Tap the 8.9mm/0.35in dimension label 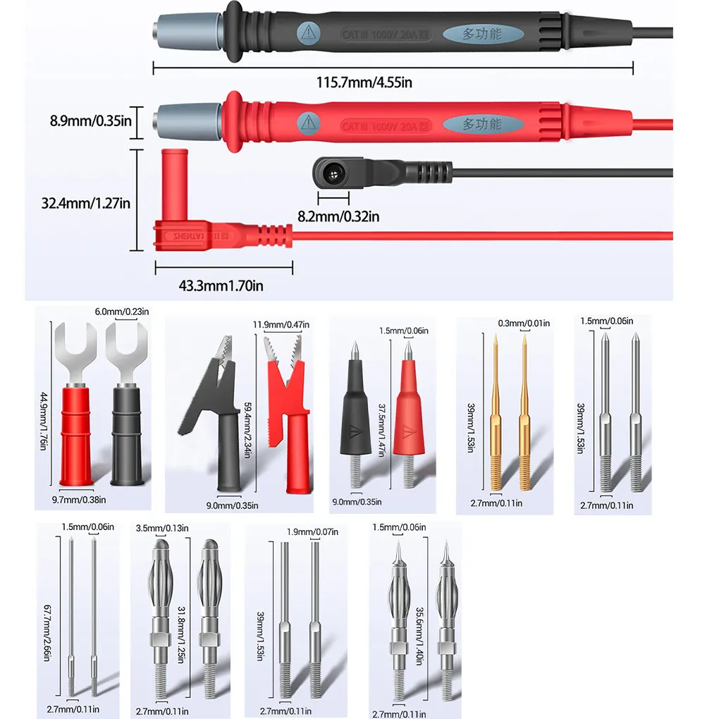click(91, 121)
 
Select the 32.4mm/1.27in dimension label click(86, 203)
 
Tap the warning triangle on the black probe click(307, 32)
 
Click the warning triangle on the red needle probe click(407, 432)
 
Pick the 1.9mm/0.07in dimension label click(309, 532)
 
